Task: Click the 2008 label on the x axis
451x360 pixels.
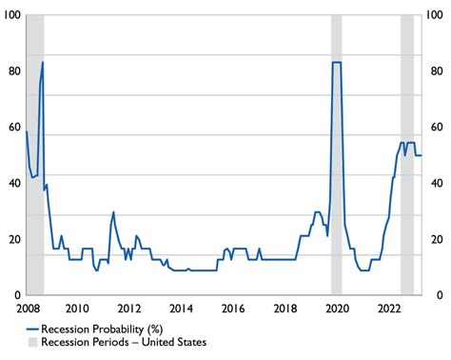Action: pos(28,309)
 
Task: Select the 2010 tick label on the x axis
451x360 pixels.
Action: pos(77,309)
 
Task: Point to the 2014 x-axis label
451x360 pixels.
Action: pos(181,309)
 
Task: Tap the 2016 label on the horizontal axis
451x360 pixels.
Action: pos(233,309)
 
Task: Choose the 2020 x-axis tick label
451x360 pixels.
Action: pos(338,309)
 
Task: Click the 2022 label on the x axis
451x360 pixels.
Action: pos(389,309)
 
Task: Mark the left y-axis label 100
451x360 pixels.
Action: pos(12,15)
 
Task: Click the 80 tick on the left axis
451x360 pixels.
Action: pos(14,71)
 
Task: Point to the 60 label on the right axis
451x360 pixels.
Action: pos(437,128)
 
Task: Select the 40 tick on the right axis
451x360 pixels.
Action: pos(437,183)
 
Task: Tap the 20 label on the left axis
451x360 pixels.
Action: pos(14,239)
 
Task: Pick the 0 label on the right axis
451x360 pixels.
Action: pos(440,295)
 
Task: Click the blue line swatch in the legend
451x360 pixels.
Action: pos(32,330)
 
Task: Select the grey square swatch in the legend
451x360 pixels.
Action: pos(32,342)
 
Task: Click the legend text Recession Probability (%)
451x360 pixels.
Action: pos(102,330)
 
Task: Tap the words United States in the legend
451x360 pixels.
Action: pos(174,342)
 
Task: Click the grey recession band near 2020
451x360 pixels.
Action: pos(337,154)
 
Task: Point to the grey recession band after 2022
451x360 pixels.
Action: pos(407,154)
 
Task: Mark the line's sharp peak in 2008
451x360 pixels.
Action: pos(43,62)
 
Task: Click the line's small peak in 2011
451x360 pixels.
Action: pos(113,212)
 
